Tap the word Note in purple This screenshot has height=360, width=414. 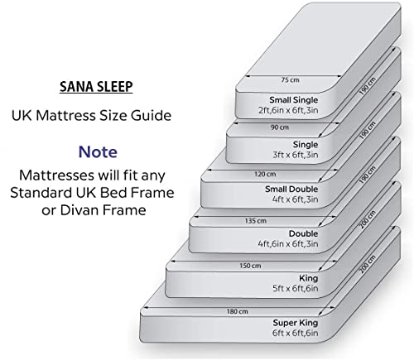97,152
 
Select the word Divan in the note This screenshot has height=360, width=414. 90,211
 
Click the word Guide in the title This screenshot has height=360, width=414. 152,116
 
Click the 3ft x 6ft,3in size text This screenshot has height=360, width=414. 298,155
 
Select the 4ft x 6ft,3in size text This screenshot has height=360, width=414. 296,199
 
